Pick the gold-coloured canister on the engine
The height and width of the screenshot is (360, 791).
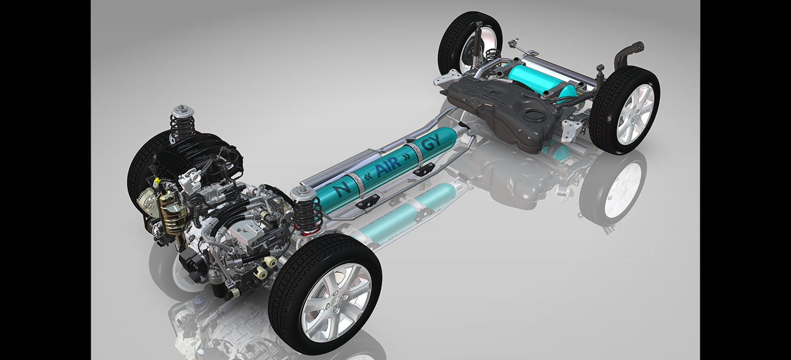172,213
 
